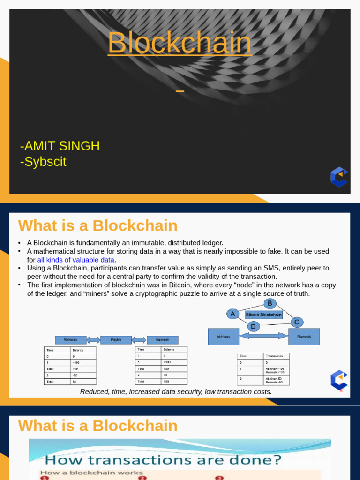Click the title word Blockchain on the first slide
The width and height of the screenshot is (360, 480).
[x=180, y=43]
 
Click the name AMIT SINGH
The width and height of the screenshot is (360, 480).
[x=60, y=146]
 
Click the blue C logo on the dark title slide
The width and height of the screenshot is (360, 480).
[x=339, y=177]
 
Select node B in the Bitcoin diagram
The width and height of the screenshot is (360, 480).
[x=270, y=303]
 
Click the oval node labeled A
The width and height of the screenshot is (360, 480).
[x=232, y=314]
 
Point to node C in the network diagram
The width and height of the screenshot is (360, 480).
[x=296, y=322]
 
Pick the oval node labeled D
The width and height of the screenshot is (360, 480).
[x=254, y=326]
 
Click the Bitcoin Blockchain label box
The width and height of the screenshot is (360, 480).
[x=264, y=315]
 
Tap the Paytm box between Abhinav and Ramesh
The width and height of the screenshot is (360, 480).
[x=116, y=339]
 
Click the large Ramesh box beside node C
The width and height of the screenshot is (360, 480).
[x=304, y=337]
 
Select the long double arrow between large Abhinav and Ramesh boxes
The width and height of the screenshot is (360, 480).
[x=264, y=336]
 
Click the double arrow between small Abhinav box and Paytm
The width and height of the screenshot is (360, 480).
[x=93, y=339]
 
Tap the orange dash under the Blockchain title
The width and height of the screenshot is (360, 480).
[x=180, y=91]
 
